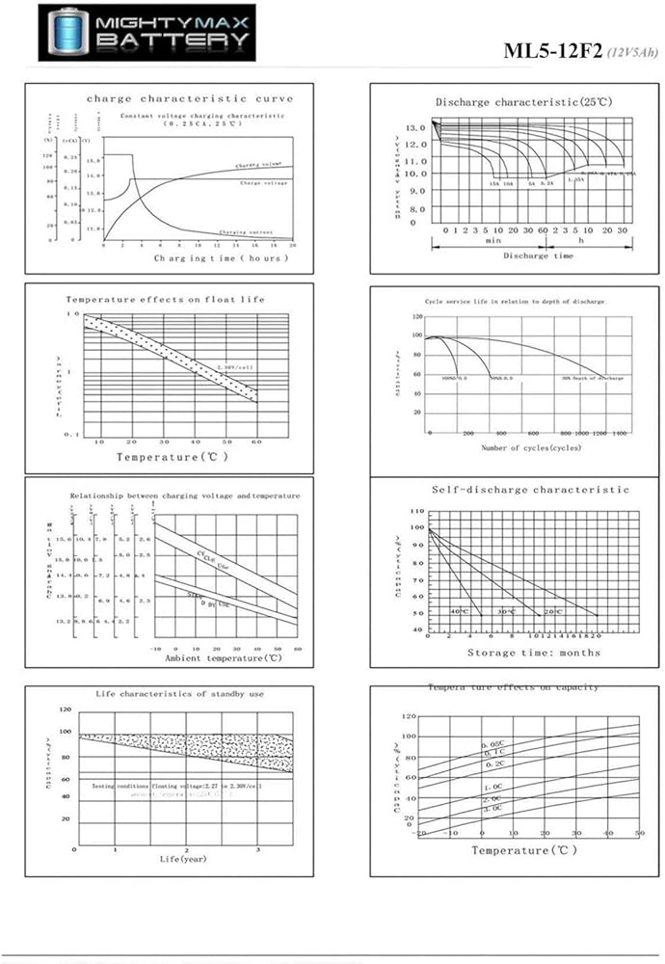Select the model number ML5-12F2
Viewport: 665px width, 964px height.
(552, 51)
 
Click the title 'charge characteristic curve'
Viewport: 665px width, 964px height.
(189, 98)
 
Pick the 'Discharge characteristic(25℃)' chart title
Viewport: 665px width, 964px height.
(522, 101)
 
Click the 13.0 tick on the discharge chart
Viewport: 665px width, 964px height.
(416, 127)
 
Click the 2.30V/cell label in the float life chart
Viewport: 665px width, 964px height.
(233, 367)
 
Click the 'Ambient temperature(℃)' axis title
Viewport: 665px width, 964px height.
(223, 658)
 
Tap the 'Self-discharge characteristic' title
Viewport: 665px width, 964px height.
(530, 490)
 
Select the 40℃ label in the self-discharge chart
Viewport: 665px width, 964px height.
(459, 612)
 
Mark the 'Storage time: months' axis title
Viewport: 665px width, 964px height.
(533, 653)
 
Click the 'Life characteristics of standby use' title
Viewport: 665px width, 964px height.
(180, 693)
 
